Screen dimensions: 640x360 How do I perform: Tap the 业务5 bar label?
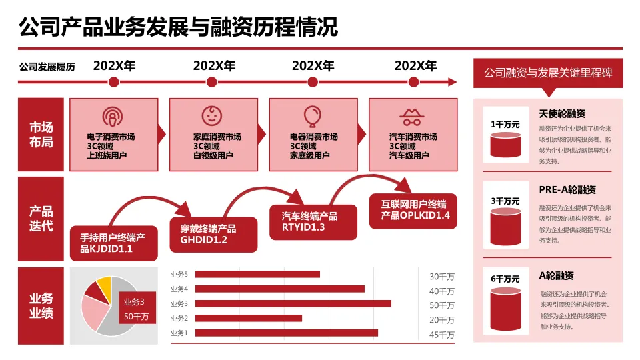[x=179, y=274]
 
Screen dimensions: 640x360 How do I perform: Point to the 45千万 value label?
[x=441, y=335]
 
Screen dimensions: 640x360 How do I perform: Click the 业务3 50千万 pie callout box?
[x=136, y=309]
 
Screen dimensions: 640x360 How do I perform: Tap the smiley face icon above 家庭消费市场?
[x=212, y=115]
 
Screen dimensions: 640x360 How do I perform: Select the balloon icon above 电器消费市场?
[x=311, y=116]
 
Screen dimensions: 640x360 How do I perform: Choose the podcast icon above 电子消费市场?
[x=113, y=117]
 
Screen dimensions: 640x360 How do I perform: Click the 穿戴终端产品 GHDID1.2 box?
[x=213, y=234]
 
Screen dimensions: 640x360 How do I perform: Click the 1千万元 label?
[x=505, y=124]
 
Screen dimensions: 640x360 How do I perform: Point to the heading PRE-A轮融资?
[x=567, y=189]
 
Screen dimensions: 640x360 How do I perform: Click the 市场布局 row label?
[x=41, y=135]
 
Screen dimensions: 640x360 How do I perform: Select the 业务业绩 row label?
[x=41, y=305]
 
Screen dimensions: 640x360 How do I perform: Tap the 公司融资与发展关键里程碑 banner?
[x=548, y=72]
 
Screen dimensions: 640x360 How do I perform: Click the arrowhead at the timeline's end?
[x=453, y=82]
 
